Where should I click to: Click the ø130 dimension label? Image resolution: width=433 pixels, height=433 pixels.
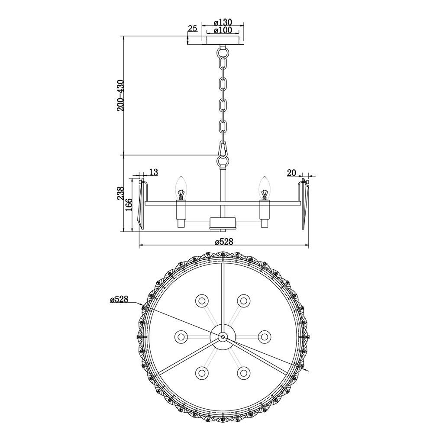tap(223, 22)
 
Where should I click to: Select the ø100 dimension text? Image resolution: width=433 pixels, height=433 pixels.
tap(223, 30)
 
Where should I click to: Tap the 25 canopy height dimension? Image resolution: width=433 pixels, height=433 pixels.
tap(193, 28)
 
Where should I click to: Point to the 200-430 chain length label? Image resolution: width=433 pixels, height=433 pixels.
tap(120, 96)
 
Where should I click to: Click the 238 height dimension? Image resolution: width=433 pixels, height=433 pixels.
tap(120, 193)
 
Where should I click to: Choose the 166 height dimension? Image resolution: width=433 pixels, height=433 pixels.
tap(129, 205)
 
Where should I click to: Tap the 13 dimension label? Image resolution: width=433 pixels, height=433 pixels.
tap(154, 173)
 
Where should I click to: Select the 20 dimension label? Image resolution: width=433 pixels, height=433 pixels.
tap(291, 173)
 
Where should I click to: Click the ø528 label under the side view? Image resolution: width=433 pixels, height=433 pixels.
tap(224, 242)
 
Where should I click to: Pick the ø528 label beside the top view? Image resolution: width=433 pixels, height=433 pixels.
tap(119, 299)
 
